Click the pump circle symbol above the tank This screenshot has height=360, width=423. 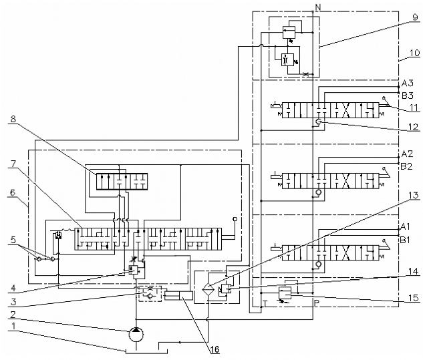[x=136, y=335]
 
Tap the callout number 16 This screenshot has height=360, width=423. [x=215, y=350]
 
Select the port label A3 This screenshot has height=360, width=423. [x=408, y=83]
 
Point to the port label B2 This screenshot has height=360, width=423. [x=406, y=167]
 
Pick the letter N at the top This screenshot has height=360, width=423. [x=318, y=7]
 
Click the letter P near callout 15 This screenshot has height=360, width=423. [x=317, y=303]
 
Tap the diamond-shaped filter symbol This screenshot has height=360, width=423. [x=208, y=289]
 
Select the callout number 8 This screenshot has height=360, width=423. [x=13, y=119]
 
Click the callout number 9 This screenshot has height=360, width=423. [x=416, y=17]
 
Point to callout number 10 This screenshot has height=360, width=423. [x=414, y=53]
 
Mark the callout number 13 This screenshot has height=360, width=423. [x=414, y=195]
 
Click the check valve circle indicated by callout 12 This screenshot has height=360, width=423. [x=319, y=122]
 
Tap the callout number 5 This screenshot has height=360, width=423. [x=13, y=240]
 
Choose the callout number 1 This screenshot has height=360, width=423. [x=13, y=327]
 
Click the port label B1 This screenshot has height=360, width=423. [x=405, y=240]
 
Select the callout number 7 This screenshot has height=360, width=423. [x=13, y=164]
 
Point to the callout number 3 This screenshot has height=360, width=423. [x=13, y=302]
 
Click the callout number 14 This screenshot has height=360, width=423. [x=414, y=271]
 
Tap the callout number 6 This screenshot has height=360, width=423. [x=13, y=193]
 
